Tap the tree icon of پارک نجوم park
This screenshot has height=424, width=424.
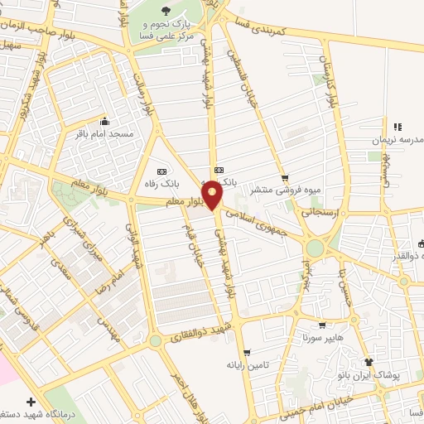click(166, 11)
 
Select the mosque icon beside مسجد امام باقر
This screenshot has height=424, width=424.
click(104, 120)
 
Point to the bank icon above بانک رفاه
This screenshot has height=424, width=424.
click(173, 171)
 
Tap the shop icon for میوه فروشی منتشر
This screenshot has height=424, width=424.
click(285, 177)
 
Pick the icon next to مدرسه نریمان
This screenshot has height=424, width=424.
click(397, 127)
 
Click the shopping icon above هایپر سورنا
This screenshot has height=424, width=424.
click(322, 325)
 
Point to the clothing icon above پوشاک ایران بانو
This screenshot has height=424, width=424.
click(369, 362)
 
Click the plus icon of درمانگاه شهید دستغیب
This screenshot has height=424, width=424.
click(31, 401)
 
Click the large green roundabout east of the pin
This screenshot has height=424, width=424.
click(315, 248)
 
